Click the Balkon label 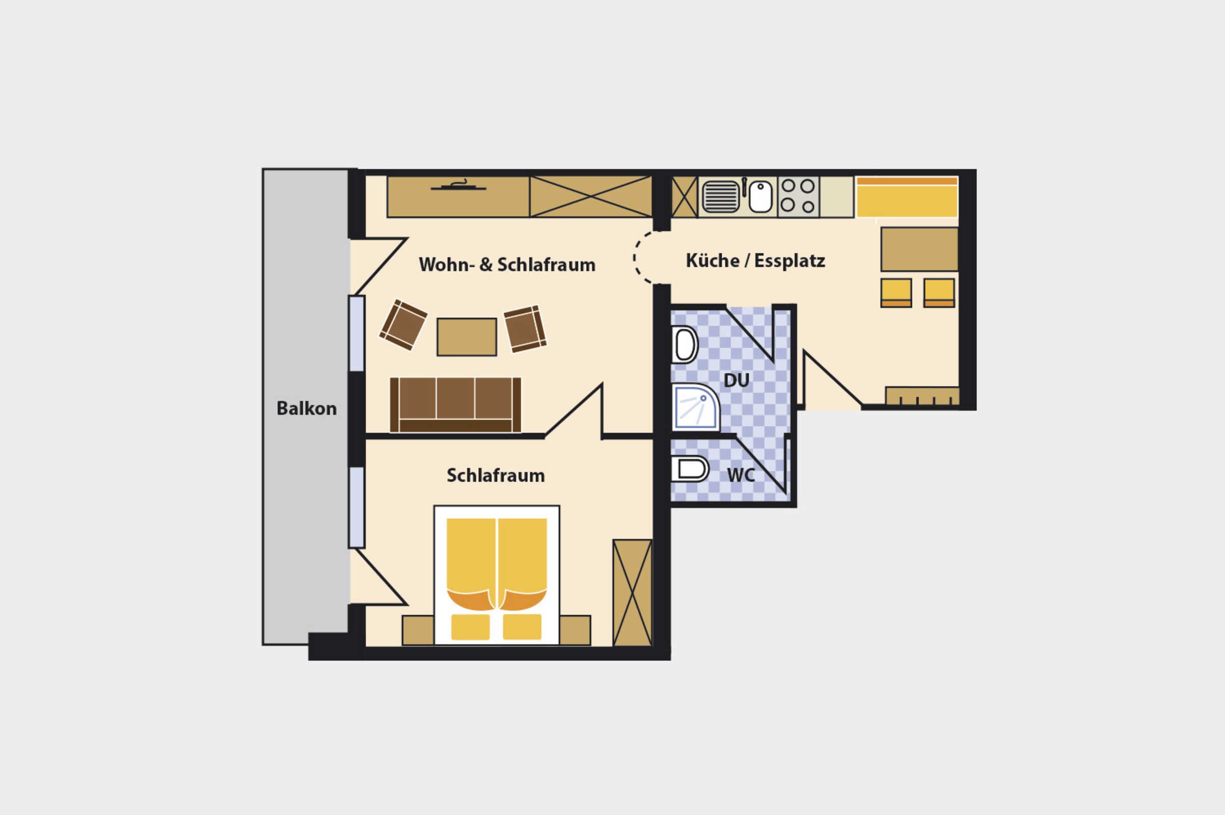[x=307, y=409]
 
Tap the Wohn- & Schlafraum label [x=507, y=264]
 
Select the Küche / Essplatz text [x=756, y=261]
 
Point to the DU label [x=737, y=381]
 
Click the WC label [x=741, y=475]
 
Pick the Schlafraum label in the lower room [x=496, y=476]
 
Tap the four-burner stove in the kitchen [x=798, y=196]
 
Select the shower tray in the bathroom [x=695, y=407]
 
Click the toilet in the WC [x=690, y=469]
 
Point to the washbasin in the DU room [x=685, y=345]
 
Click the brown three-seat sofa [x=455, y=405]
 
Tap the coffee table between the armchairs [x=467, y=337]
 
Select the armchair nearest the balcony [x=403, y=325]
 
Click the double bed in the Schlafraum [x=497, y=576]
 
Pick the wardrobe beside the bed [x=633, y=592]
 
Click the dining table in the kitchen [x=919, y=249]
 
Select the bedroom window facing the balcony [x=357, y=507]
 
